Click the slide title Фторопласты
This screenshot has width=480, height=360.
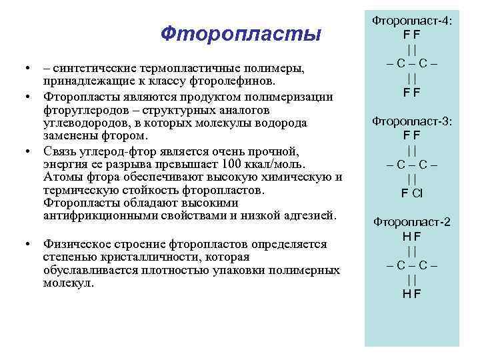(x=241, y=33)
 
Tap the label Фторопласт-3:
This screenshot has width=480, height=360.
(x=411, y=121)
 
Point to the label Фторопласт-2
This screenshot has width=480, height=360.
(x=411, y=222)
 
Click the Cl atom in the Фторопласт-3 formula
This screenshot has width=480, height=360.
(x=417, y=193)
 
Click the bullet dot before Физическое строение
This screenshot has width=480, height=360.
(x=27, y=244)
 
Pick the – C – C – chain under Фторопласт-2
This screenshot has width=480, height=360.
(x=411, y=264)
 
